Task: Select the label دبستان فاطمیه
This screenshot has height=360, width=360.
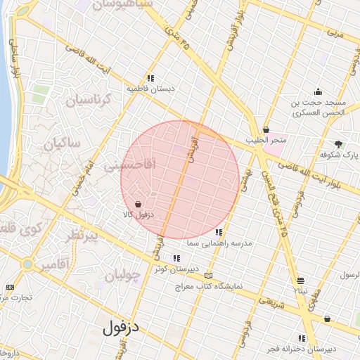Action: [150, 89]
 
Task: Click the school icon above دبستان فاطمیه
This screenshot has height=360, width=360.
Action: [150, 78]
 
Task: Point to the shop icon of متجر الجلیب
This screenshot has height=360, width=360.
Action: [266, 129]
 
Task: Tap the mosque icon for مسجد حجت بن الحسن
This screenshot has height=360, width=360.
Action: [318, 91]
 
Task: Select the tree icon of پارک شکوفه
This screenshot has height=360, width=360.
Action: [340, 143]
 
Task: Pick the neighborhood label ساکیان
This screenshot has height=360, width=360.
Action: [62, 143]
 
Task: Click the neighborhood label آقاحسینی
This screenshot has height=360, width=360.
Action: [129, 166]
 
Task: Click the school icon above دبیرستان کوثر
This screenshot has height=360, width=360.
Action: [176, 259]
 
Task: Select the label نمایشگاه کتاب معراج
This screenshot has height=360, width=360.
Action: [208, 286]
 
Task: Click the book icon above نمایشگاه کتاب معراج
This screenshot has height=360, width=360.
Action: [207, 276]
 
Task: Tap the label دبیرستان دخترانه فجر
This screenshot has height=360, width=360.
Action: [302, 349]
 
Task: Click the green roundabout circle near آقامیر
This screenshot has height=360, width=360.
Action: [28, 265]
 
